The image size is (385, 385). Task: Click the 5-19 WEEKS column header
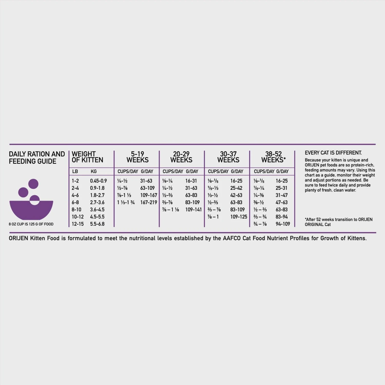coord(137,157)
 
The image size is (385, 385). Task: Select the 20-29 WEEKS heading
coord(181,157)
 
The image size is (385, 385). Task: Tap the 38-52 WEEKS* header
coord(273,157)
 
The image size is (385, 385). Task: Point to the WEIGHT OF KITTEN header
coord(87,157)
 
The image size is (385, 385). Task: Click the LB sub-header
coord(75,171)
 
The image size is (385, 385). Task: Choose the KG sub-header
coord(94,171)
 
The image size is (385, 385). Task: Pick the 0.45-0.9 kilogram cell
coord(98,181)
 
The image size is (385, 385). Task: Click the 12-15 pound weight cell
coord(78,224)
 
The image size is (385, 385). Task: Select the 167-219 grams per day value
coord(148,203)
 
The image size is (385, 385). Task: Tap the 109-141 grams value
coord(193,210)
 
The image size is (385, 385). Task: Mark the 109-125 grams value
coord(238,217)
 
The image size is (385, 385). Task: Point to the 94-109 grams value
coord(283,224)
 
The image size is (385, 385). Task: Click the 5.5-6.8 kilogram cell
coord(97,224)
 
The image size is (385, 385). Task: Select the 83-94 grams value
coord(282,217)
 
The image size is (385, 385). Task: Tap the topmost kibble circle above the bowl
coord(33,184)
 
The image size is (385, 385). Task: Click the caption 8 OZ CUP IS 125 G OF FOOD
coord(31,224)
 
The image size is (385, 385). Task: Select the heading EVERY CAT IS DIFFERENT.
coord(333,153)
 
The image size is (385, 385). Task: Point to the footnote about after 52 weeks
coord(338,222)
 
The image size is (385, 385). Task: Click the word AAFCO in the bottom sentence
coord(232,238)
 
